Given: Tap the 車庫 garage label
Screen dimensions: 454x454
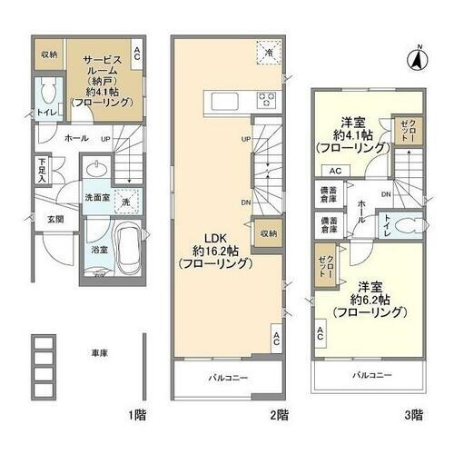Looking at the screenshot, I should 99,353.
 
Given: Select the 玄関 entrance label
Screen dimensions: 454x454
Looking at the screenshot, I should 54,220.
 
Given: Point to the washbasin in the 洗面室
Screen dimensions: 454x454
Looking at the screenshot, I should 94,172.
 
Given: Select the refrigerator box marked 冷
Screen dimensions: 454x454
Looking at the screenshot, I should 269,53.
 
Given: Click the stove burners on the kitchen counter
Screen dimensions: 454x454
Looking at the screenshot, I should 268,100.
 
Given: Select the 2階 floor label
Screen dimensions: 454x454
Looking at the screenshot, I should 279,415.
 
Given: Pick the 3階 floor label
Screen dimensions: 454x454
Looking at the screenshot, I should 412,415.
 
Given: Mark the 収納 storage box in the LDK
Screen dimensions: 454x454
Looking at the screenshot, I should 265,232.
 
